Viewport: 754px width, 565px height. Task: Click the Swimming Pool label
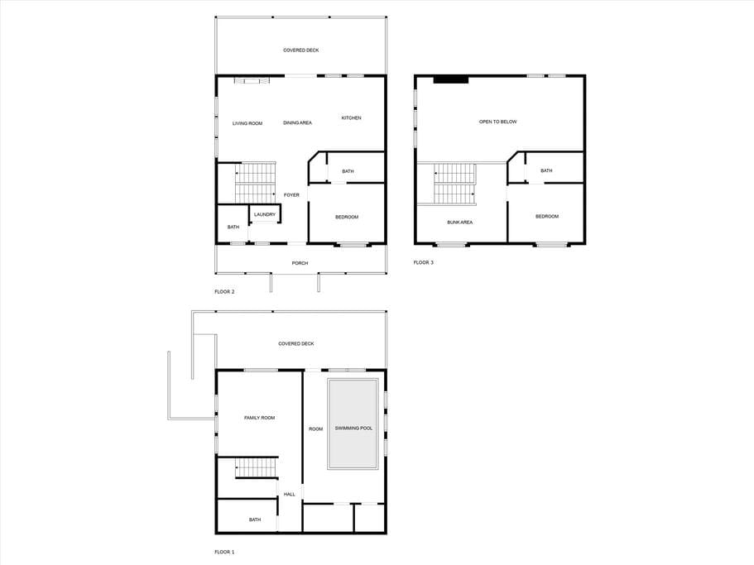tap(353, 428)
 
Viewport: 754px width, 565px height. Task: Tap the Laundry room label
tap(265, 214)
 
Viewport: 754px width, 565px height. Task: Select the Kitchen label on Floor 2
tap(351, 117)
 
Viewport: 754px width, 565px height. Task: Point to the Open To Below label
tap(497, 122)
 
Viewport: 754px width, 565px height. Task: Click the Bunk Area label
tap(459, 223)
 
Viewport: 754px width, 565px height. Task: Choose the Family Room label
tap(259, 418)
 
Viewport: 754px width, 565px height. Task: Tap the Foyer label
tap(291, 195)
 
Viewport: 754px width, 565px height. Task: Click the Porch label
tap(300, 263)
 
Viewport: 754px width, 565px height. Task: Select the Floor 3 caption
tap(423, 263)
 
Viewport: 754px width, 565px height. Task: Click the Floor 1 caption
tap(224, 553)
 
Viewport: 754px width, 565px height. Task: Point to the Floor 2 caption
tap(224, 292)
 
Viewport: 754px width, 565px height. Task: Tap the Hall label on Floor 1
tap(290, 495)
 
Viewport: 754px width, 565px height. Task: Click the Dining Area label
tap(297, 123)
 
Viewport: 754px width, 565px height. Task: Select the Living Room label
tap(247, 123)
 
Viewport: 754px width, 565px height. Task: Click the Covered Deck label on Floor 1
tap(295, 344)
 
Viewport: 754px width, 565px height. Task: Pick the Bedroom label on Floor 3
tap(547, 217)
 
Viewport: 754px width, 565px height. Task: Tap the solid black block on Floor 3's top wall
tap(450, 79)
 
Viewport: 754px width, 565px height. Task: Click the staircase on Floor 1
tap(257, 468)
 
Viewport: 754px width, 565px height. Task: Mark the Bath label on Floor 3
tap(546, 170)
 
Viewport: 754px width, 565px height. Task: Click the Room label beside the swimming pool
tap(315, 429)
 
